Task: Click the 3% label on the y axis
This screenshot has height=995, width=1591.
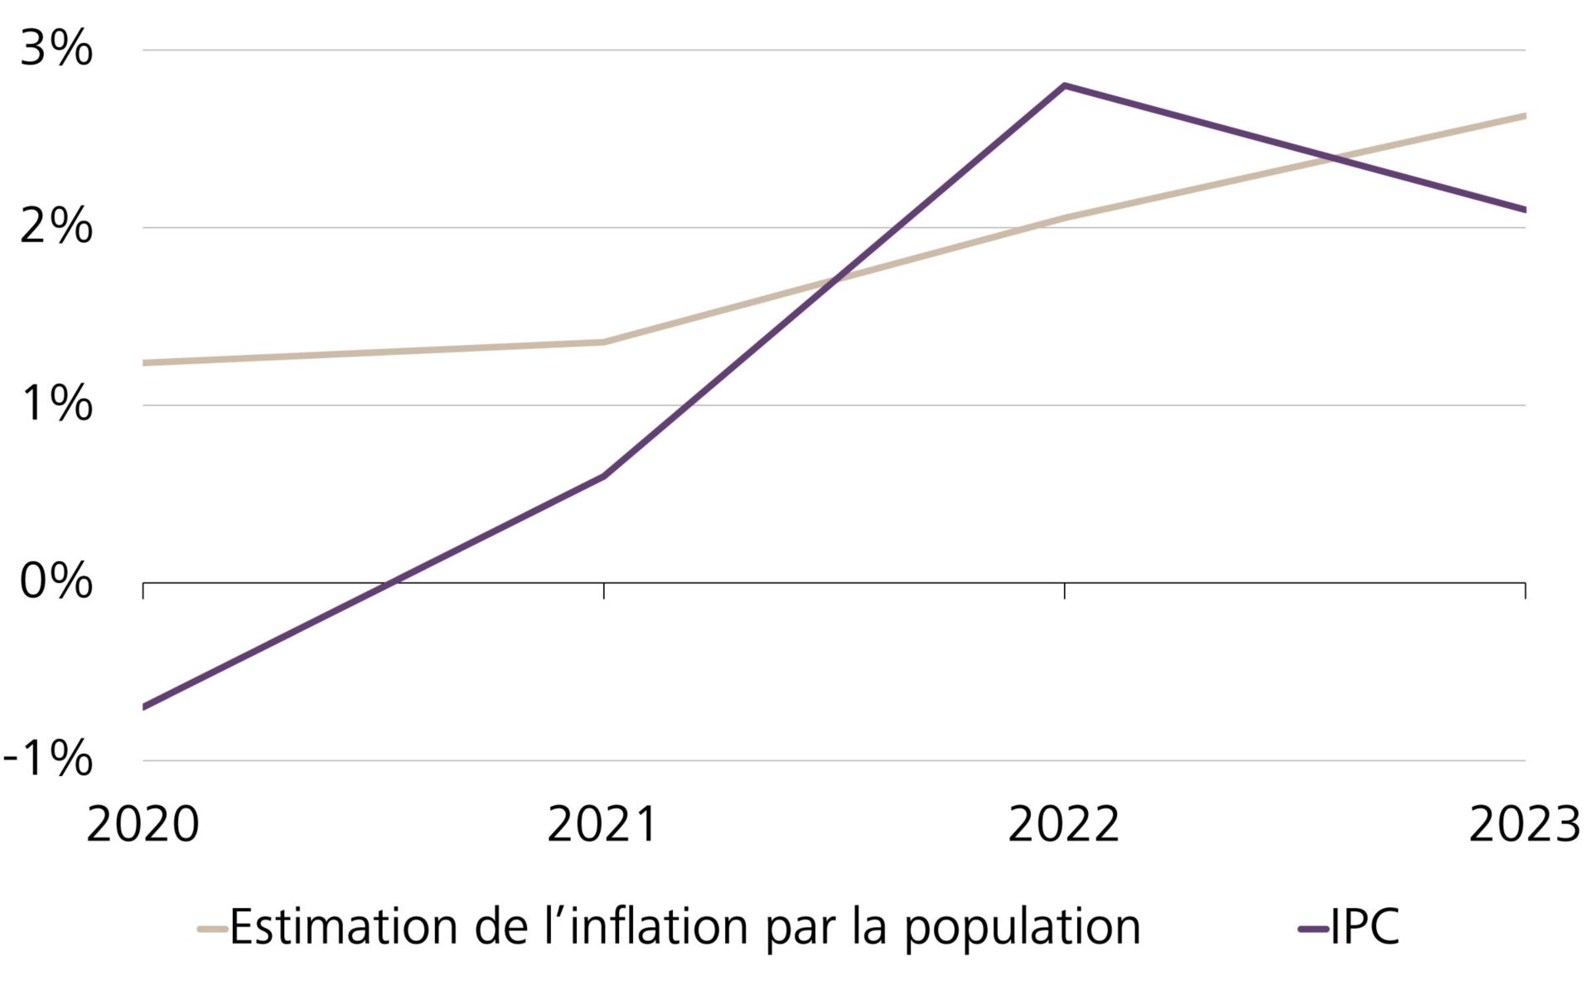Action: coord(56,49)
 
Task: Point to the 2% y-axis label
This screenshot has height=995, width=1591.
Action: coord(56,226)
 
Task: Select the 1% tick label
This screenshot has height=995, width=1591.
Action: coord(56,405)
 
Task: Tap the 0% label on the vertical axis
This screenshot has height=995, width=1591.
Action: coord(56,581)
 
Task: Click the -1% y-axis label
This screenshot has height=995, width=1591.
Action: coord(48,759)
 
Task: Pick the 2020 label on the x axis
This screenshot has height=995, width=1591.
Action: coord(143,825)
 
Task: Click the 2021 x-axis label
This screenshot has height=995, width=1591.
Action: coord(603,825)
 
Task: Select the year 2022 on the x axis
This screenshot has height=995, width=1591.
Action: coord(1064,825)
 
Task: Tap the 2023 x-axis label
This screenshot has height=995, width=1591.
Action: coord(1525,825)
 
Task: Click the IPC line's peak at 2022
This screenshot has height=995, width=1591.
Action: coord(1064,85)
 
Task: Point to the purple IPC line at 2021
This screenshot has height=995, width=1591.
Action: coord(603,477)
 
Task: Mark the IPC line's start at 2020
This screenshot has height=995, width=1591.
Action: coord(145,706)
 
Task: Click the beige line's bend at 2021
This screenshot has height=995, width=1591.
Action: coord(603,342)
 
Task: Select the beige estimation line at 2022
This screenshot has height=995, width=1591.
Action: coord(1064,218)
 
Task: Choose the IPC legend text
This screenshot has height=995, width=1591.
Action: coord(1365,927)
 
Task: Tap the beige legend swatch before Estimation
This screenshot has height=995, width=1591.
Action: coord(212,929)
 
